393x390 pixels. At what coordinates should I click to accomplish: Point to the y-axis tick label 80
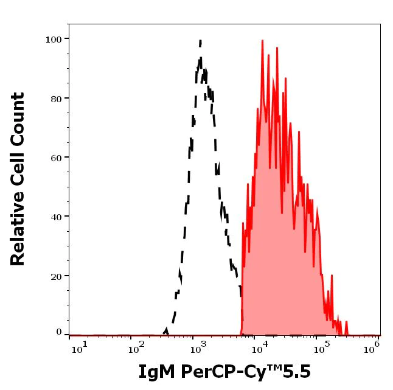click(x=56, y=99)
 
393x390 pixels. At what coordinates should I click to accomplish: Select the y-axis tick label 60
click(x=56, y=158)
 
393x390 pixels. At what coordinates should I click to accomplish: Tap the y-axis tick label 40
click(x=56, y=217)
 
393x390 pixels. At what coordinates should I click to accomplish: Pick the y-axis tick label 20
click(x=56, y=276)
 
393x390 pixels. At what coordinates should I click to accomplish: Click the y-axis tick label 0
click(x=59, y=332)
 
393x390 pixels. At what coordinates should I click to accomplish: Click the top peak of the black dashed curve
click(x=200, y=41)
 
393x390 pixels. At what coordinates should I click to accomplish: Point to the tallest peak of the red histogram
click(x=262, y=41)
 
